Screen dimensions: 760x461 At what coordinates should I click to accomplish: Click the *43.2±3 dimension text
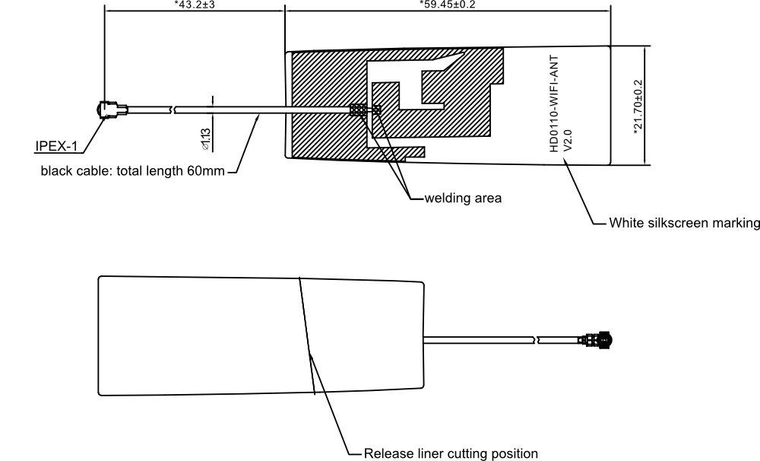point(195,5)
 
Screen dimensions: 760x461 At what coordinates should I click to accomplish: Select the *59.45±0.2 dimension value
point(448,5)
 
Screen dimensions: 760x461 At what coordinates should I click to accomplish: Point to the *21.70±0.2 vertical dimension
point(638,107)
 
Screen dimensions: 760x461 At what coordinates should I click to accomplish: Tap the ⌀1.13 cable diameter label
point(205,138)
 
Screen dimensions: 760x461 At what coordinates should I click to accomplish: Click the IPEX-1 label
point(56,146)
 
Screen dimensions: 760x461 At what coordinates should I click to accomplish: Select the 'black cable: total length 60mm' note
point(132,171)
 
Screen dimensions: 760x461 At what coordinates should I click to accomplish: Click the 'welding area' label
point(463,198)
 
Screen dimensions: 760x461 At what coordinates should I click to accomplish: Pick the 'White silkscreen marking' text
point(685,223)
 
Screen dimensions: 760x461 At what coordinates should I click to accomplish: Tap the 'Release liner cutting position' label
point(451,453)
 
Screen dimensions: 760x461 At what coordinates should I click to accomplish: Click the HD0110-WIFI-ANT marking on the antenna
point(555,103)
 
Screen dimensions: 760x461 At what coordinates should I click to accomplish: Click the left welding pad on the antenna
point(358,110)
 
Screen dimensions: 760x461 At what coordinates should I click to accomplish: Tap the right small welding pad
point(376,110)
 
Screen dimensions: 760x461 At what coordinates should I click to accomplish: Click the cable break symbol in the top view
point(173,110)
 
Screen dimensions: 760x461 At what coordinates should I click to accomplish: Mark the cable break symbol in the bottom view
point(536,340)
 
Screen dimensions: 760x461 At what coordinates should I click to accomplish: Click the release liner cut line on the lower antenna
point(307,335)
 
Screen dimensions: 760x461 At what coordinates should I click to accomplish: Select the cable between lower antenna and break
point(479,340)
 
